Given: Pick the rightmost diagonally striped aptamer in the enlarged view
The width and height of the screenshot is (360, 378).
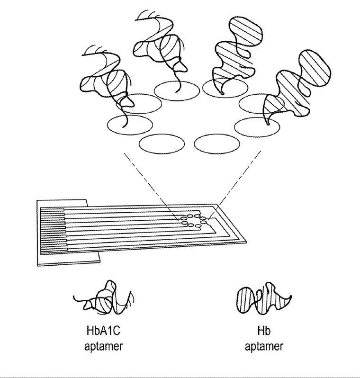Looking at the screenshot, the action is (291, 88).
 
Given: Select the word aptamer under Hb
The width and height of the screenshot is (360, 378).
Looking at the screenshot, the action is (264, 347).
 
